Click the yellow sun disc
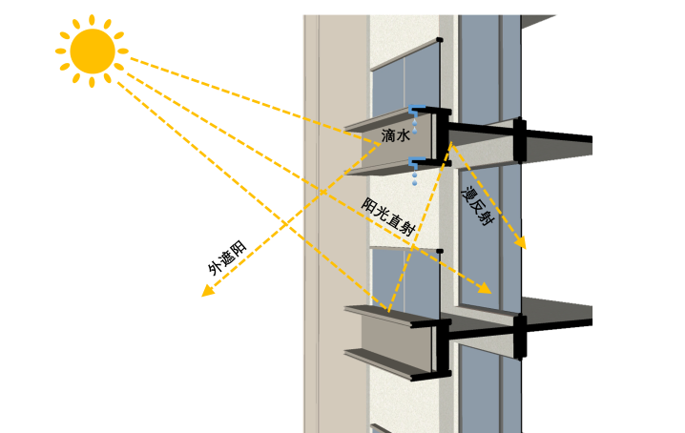[92, 51]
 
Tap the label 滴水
[395, 136]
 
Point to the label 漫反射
[476, 206]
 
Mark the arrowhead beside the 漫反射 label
[521, 244]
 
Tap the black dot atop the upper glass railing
[440, 39]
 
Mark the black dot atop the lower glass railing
[440, 252]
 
